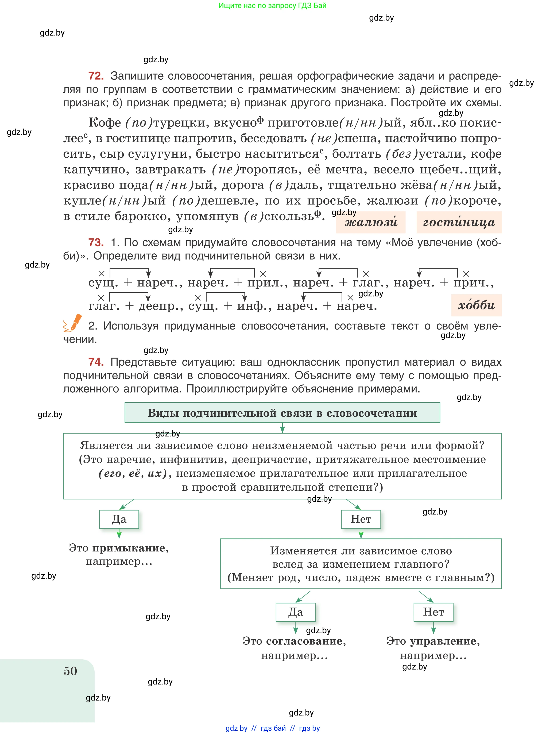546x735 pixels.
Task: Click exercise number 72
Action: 96,76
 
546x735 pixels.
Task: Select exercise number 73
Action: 96,243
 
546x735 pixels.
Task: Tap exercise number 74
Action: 96,362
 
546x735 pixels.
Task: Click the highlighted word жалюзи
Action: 371,222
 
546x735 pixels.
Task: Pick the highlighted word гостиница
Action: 459,222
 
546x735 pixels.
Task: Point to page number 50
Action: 70,671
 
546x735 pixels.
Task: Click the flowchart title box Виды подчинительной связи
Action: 282,413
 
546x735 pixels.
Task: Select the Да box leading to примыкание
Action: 119,519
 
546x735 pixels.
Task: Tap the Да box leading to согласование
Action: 296,612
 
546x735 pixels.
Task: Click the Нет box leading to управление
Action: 433,612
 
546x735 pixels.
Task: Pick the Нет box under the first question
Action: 361,519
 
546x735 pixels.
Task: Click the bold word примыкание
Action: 129,548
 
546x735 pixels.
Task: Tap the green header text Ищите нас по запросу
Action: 272,6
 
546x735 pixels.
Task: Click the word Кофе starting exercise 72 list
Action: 105,123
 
